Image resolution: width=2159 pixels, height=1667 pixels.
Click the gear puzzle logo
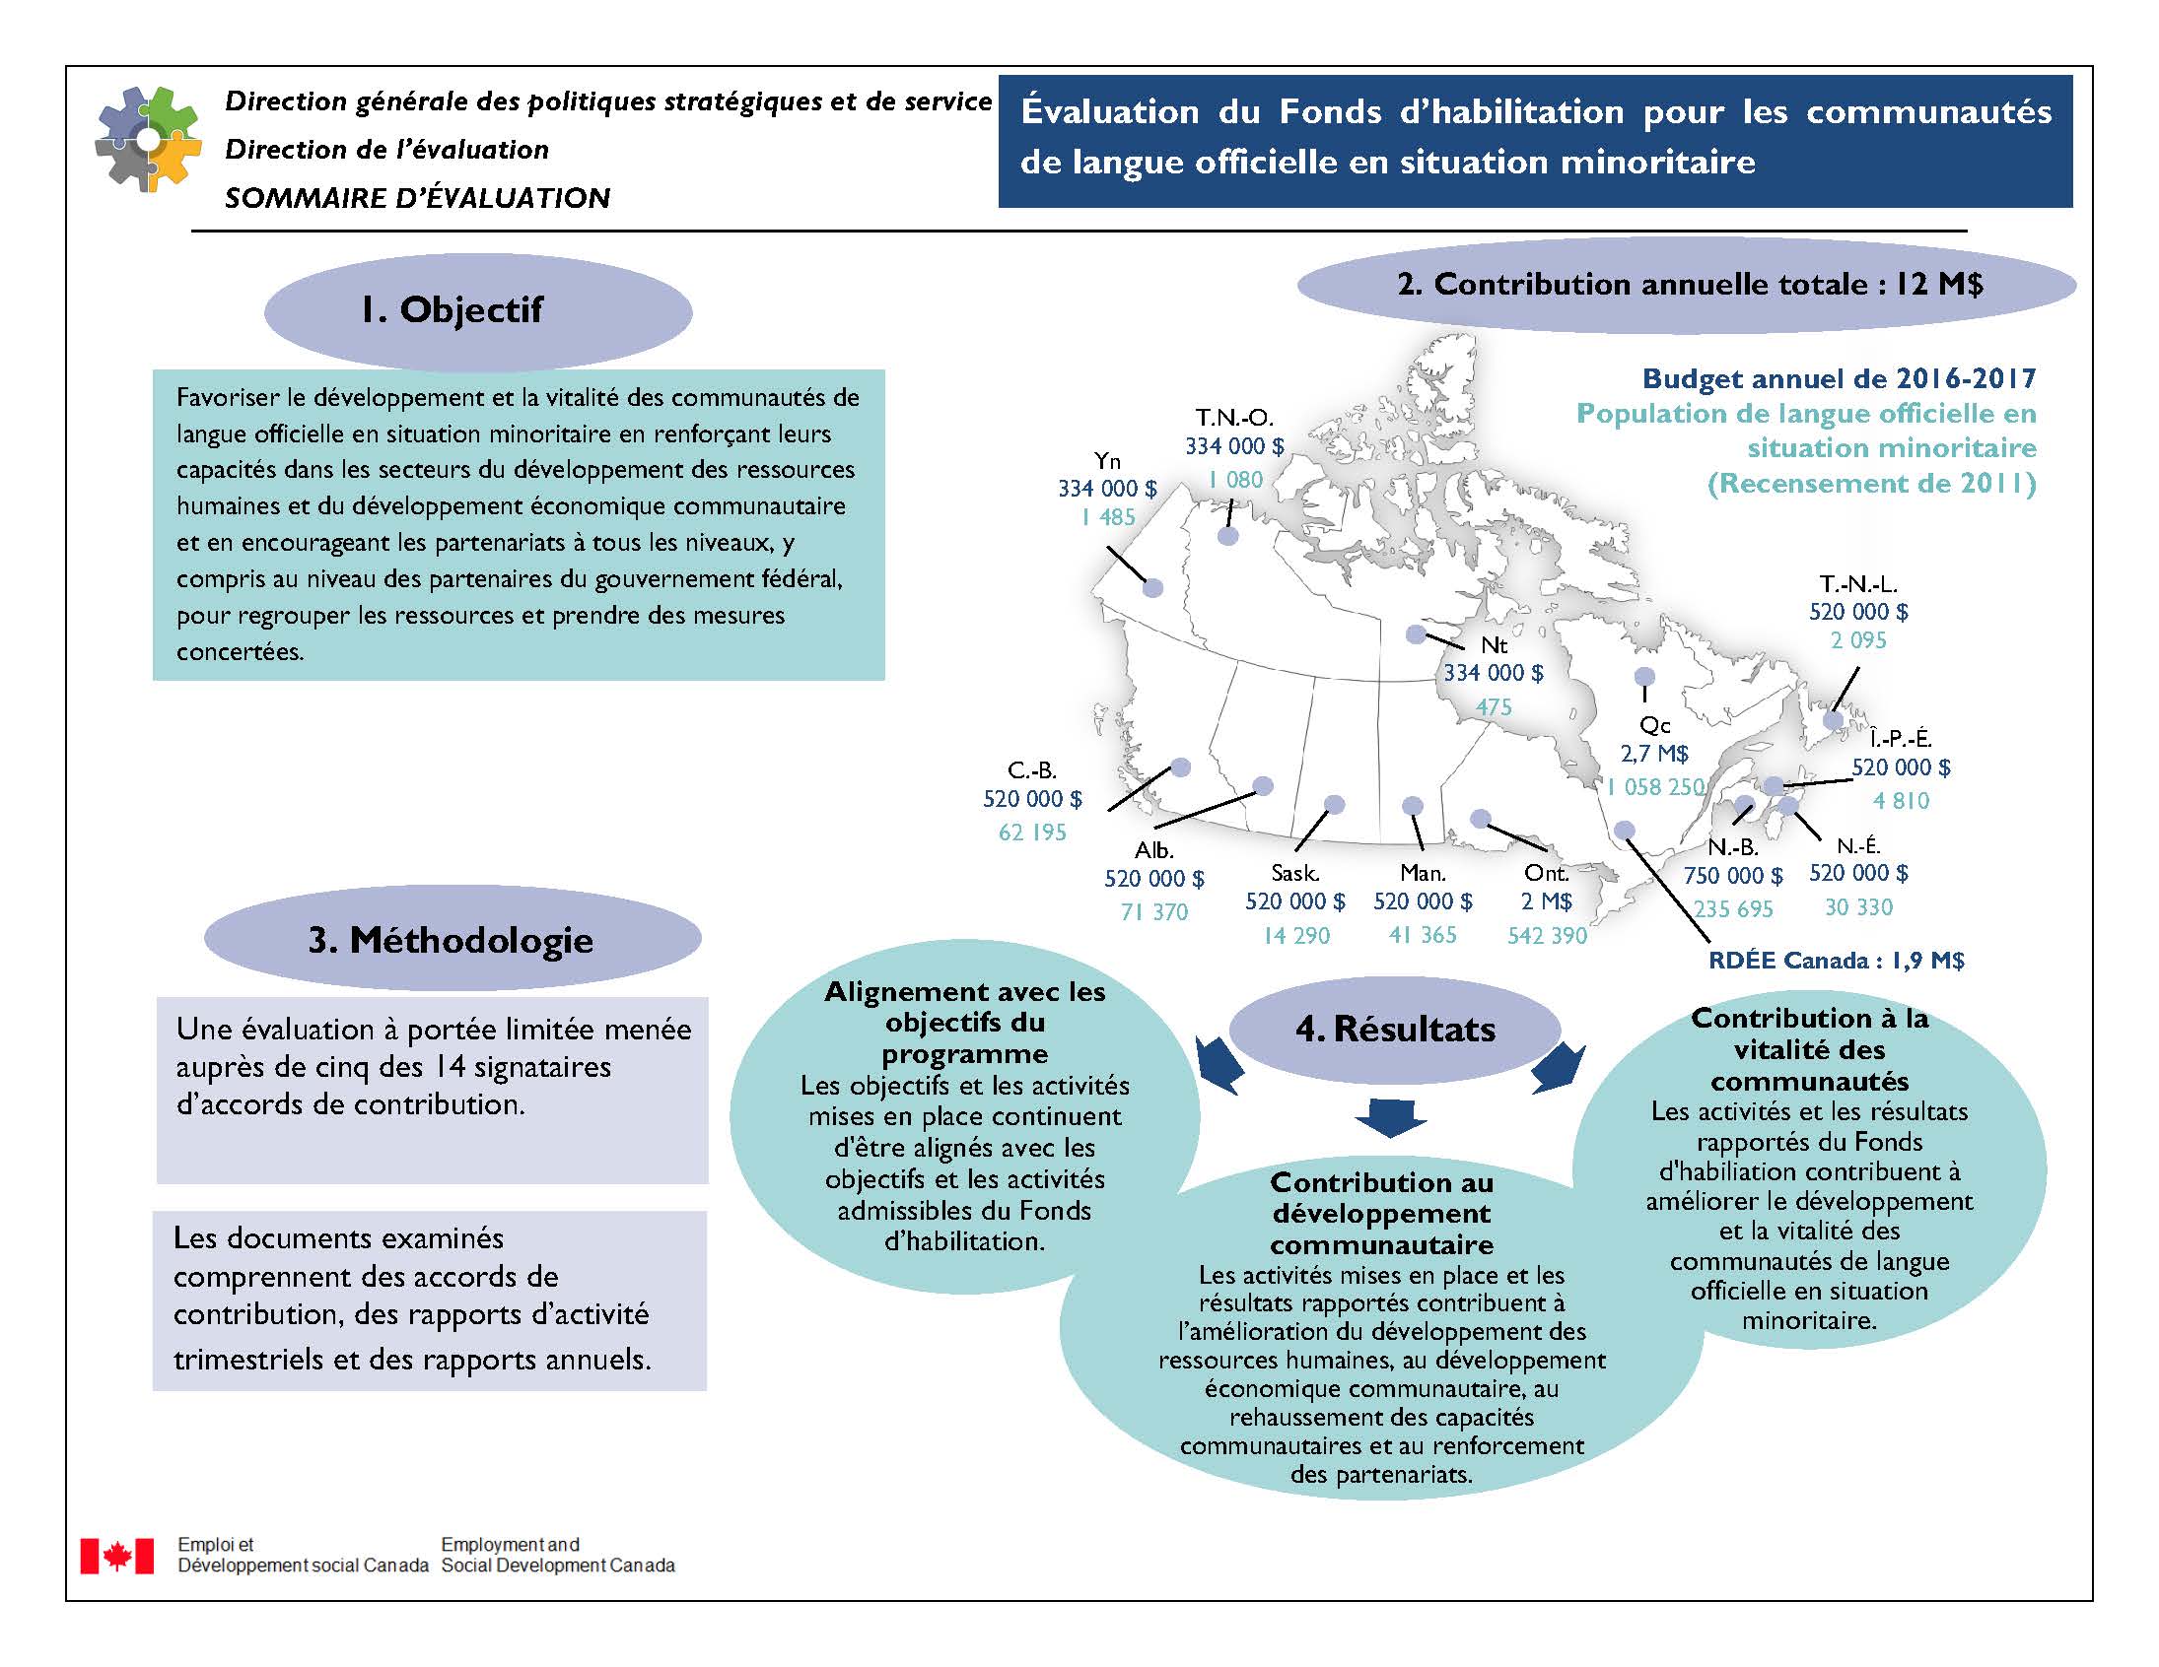147,139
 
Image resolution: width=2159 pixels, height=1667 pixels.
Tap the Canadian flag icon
116,1556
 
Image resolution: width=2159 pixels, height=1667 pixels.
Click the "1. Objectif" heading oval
477,310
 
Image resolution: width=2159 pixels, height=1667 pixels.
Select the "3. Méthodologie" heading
452,939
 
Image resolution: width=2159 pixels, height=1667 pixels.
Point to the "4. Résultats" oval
1395,1029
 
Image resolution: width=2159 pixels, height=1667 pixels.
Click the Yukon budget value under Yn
1107,488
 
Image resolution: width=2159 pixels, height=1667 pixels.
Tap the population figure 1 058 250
1655,787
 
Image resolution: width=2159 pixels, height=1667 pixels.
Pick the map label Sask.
1294,874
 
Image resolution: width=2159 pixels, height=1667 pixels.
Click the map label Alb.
1153,850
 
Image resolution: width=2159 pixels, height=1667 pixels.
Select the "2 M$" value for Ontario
1546,901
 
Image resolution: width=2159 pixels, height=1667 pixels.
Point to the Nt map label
1494,645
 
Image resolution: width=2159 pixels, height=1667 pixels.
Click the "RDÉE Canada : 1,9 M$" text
1836,961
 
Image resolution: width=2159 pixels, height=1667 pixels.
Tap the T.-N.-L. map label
1858,584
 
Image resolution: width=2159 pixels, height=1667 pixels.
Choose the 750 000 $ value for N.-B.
1733,877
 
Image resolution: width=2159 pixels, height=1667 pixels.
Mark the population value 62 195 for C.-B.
1032,832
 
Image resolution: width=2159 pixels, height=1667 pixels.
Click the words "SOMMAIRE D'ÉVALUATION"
417,199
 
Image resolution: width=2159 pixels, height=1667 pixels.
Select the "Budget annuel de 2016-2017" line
1839,378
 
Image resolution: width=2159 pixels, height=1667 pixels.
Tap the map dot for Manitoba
1413,806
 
